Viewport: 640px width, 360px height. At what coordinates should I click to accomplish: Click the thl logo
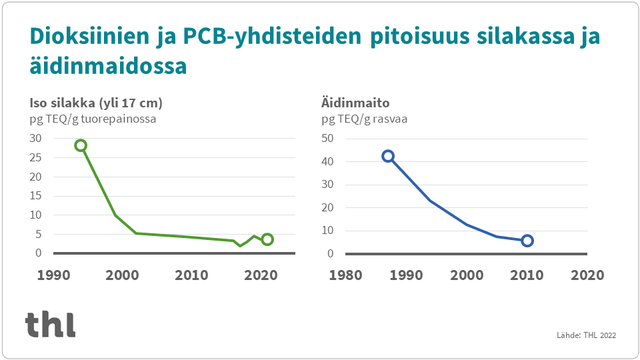tap(50, 324)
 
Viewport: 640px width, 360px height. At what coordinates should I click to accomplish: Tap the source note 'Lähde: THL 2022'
tap(586, 335)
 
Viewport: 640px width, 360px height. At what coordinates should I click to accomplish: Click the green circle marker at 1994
tap(81, 145)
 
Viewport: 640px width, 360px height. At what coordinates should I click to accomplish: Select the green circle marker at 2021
tap(267, 239)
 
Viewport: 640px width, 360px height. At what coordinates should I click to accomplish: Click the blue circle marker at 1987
tap(388, 156)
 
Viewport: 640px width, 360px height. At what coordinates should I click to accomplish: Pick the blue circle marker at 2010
tap(527, 241)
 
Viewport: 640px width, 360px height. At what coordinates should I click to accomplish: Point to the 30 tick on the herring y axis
tap(35, 139)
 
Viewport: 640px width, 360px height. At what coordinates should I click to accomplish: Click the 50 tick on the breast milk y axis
tap(327, 139)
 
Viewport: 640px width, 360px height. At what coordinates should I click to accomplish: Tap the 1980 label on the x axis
tap(347, 275)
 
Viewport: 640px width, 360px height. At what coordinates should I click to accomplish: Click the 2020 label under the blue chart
tap(587, 275)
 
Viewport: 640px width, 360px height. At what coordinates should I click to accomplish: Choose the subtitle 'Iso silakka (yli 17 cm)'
tap(96, 103)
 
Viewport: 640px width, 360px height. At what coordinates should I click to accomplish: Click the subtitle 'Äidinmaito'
tap(355, 103)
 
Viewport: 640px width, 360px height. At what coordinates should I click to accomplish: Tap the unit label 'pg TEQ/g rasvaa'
tap(365, 119)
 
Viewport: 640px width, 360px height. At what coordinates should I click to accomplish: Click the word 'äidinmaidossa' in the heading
tap(107, 67)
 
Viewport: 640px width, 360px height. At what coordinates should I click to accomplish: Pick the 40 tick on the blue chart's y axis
tap(327, 162)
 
